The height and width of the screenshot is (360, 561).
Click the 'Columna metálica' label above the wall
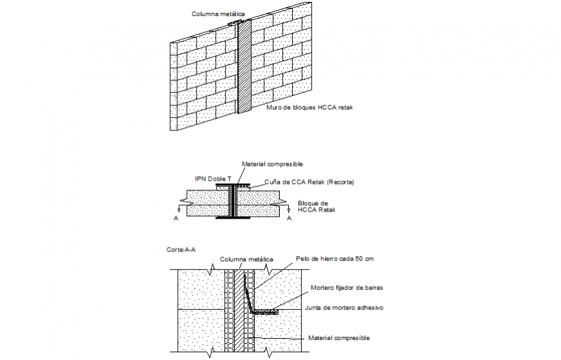(219, 14)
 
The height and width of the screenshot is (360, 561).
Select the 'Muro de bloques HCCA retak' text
(310, 108)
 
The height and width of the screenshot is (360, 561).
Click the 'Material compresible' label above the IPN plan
(271, 165)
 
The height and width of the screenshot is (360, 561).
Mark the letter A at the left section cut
(176, 219)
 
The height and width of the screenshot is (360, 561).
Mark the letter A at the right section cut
(288, 219)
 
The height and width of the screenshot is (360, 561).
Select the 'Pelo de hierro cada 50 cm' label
(335, 259)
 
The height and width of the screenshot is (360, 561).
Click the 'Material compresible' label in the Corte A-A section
(339, 337)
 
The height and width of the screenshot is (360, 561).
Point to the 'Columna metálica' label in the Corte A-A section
(246, 259)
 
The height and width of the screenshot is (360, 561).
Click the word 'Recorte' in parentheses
(339, 182)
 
